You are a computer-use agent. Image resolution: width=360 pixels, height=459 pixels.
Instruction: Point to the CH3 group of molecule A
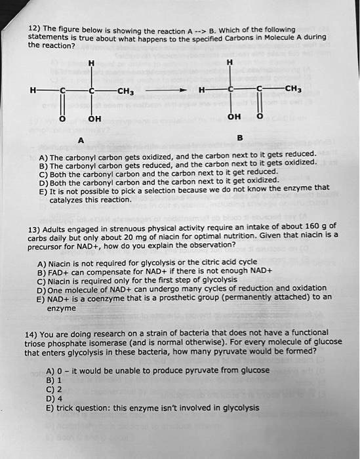(127, 90)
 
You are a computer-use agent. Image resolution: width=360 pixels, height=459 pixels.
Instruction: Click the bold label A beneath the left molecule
(80, 140)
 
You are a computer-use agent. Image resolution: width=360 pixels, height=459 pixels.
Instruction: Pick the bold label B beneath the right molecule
(239, 138)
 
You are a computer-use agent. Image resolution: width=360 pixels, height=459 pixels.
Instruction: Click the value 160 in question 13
(311, 225)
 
